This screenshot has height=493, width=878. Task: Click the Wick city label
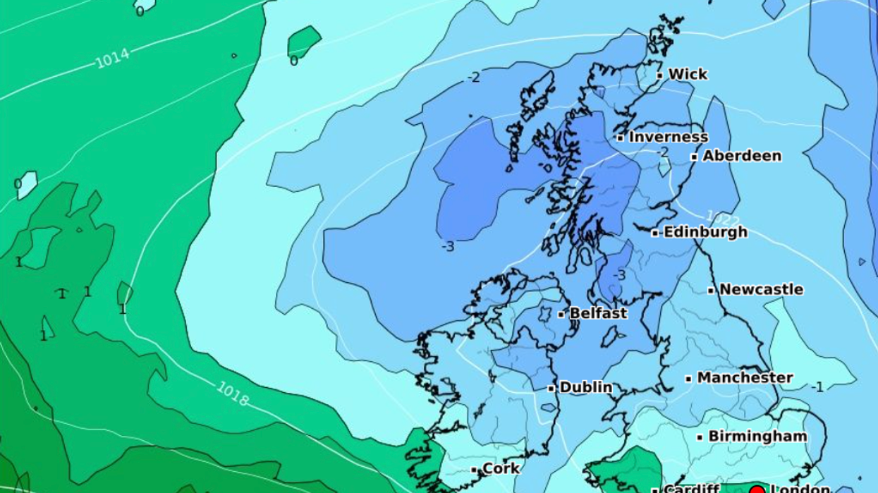(688, 74)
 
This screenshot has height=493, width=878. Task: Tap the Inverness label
(668, 137)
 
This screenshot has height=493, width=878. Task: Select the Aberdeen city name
(742, 156)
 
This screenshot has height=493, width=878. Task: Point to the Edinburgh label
(705, 232)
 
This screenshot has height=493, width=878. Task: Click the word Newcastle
(761, 289)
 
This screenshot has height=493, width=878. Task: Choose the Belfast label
(598, 313)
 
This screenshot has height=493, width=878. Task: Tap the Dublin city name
(585, 387)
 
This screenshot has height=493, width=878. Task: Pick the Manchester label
(745, 378)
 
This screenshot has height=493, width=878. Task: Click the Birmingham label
(757, 437)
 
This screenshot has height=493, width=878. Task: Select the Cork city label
(501, 469)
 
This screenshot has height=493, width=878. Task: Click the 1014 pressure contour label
(112, 59)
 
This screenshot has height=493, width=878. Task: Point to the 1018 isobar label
(233, 394)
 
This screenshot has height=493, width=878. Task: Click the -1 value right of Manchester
(817, 387)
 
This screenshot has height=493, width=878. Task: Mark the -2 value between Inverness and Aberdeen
(662, 152)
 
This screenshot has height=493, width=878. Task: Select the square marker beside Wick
(660, 75)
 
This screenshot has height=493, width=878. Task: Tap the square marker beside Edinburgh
(655, 232)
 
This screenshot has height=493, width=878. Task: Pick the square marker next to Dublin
(551, 388)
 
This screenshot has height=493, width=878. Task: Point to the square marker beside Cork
(475, 470)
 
